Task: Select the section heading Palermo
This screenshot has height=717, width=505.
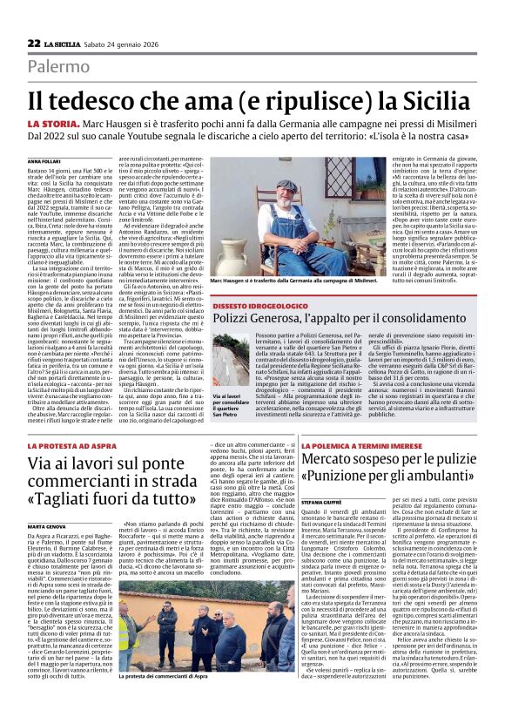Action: coord(58,66)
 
